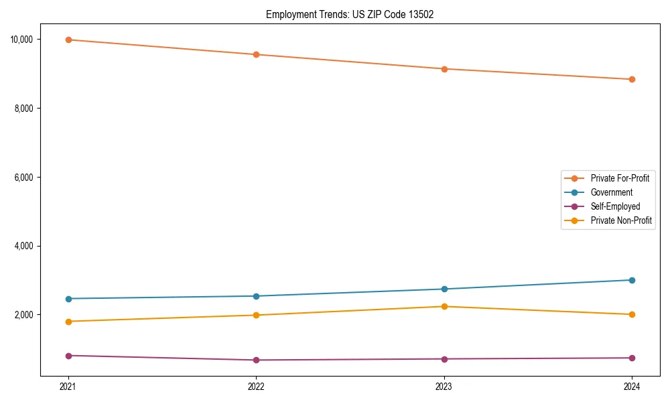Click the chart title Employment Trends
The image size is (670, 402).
(350, 15)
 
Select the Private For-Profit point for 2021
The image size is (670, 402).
(68, 40)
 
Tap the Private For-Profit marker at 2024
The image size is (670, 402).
(632, 79)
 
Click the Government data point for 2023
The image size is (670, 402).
(444, 289)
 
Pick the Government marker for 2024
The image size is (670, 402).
(632, 280)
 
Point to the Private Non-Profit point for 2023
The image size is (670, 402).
(444, 306)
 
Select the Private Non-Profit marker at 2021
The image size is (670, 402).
(68, 322)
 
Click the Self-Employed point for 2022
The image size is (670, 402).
(256, 360)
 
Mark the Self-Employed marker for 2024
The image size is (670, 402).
(632, 358)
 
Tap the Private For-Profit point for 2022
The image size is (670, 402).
(256, 54)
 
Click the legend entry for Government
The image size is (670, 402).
(611, 192)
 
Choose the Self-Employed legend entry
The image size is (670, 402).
(615, 206)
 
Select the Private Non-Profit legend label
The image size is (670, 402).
(621, 220)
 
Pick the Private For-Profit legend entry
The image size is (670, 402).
(620, 178)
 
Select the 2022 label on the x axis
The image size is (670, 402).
(256, 387)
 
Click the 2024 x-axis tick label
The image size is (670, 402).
(632, 387)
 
